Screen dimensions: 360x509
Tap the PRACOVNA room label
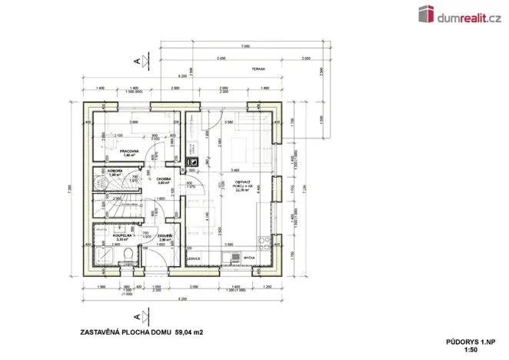[118, 151]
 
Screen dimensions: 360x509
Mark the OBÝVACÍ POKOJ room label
[243, 183]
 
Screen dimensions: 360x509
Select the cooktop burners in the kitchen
[228, 258]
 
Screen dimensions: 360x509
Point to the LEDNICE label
[195, 258]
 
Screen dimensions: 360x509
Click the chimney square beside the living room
[194, 162]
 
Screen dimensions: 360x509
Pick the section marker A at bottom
[136, 315]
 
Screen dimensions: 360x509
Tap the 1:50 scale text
[471, 348]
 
